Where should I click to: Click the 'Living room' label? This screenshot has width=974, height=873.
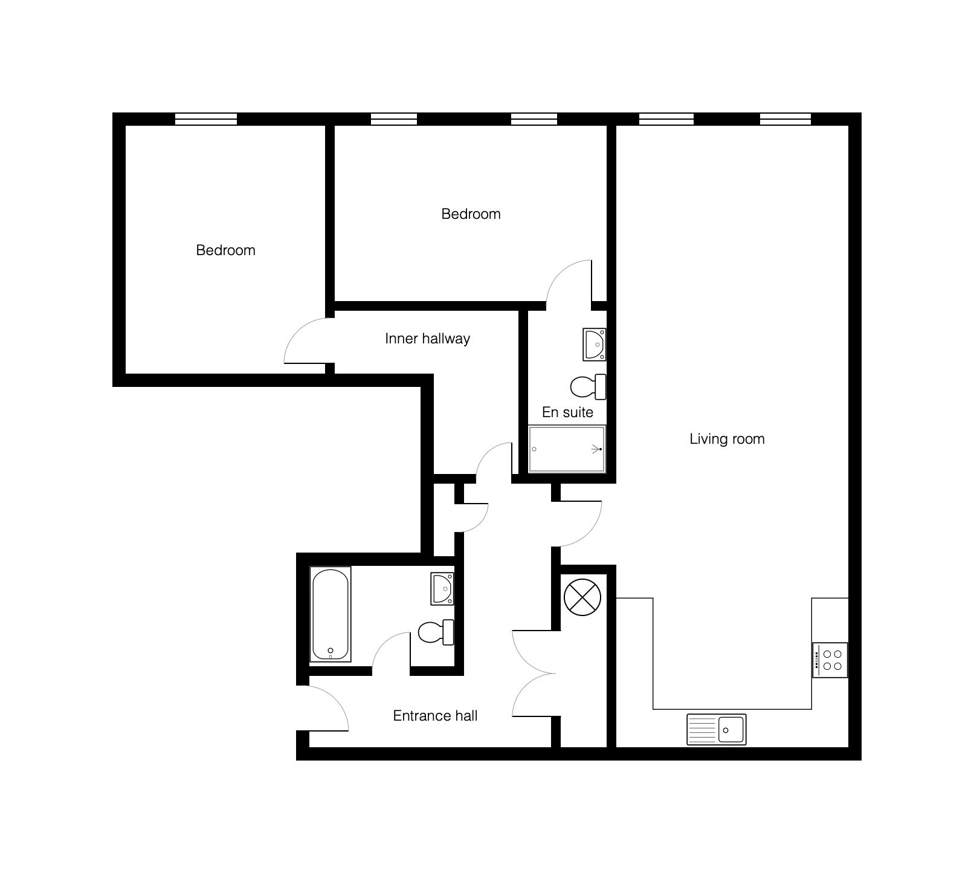click(x=727, y=439)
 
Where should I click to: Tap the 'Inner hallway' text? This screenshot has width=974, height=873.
click(x=427, y=339)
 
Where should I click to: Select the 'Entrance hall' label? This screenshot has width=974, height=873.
click(x=435, y=716)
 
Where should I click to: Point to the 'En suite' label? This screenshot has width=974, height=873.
click(x=567, y=412)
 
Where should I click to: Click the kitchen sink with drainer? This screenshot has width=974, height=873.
click(x=717, y=729)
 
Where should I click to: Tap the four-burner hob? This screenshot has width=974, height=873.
click(x=830, y=660)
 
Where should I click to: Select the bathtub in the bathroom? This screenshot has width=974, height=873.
click(x=331, y=614)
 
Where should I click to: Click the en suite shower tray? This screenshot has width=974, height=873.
click(x=567, y=449)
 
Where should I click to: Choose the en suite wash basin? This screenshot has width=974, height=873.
click(x=595, y=345)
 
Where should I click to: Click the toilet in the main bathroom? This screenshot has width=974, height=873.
click(x=436, y=632)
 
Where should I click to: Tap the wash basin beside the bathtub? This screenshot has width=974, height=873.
click(x=442, y=589)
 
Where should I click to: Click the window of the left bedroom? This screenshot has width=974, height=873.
click(x=206, y=119)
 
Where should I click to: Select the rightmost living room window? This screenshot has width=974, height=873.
click(x=785, y=119)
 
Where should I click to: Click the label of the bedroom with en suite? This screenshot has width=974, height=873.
click(x=471, y=214)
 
